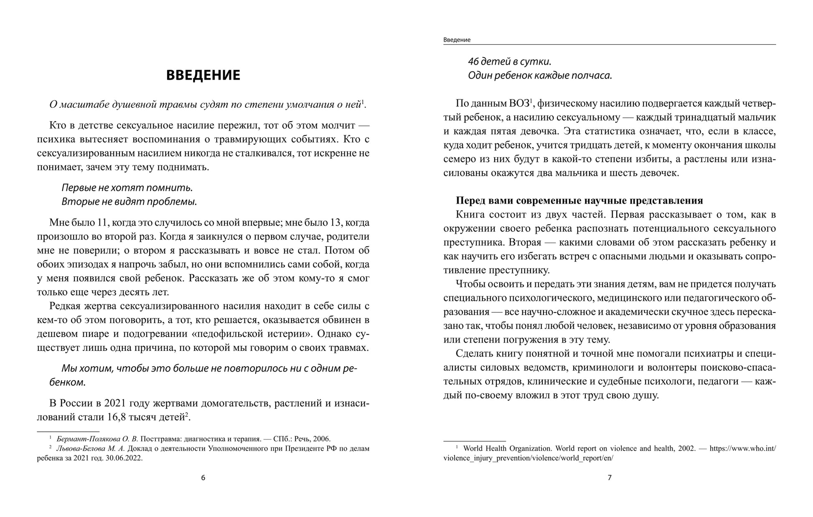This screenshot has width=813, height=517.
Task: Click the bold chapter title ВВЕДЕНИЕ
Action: click(x=203, y=75)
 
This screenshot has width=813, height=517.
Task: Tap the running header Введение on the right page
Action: click(x=457, y=40)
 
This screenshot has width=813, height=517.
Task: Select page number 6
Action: click(x=203, y=478)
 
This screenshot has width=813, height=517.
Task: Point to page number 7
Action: click(x=609, y=478)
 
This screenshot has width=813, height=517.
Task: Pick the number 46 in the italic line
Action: click(x=473, y=62)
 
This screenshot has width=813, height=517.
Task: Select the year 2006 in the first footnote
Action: click(x=322, y=439)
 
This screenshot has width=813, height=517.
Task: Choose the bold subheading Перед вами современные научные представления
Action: click(x=579, y=201)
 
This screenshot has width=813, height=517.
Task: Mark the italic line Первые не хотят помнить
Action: click(x=127, y=188)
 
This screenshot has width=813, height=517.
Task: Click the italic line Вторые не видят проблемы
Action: click(x=129, y=202)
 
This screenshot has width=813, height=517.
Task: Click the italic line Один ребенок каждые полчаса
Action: click(x=540, y=76)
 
